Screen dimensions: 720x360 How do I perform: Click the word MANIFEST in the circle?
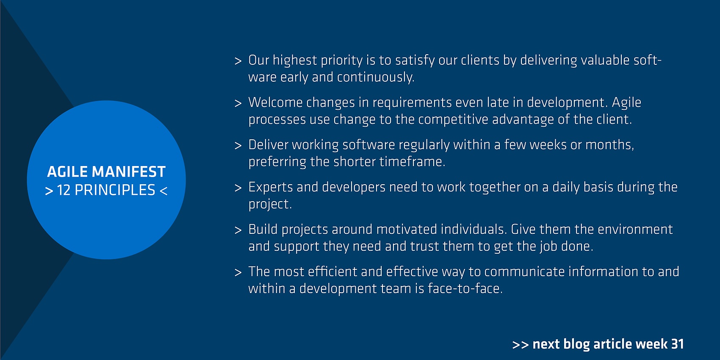pos(129,172)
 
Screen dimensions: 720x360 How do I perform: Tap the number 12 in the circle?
pos(64,190)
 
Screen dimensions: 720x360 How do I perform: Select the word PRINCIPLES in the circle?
pos(115,190)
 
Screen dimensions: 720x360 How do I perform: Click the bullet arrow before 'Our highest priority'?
pos(238,61)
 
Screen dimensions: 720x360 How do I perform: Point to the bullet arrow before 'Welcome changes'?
pos(238,103)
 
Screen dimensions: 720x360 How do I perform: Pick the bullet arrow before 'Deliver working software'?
pos(238,145)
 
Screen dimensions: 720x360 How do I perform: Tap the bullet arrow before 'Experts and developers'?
pos(238,188)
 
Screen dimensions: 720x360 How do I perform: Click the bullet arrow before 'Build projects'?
pos(238,230)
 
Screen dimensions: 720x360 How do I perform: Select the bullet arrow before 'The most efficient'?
pos(238,272)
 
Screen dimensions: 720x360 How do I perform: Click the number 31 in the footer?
pos(677,344)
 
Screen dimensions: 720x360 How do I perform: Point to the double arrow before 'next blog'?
pos(521,345)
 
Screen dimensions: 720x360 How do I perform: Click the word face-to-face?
pos(465,288)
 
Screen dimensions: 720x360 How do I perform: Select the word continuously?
pos(375,77)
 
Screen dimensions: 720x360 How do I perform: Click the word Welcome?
pos(275,102)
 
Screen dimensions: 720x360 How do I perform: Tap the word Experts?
pos(271,187)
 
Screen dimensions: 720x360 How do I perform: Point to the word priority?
pos(342,61)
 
